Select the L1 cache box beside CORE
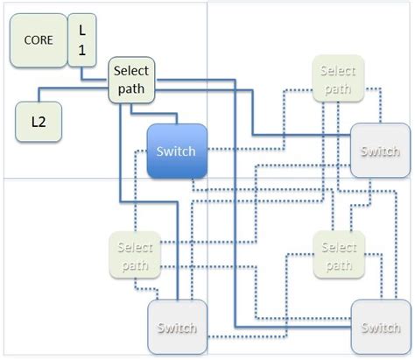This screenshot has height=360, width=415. pos(82,39)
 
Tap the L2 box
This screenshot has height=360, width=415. pos(38,123)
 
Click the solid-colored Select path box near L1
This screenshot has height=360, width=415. pos(132,80)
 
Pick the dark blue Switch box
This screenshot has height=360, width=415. pos(177,151)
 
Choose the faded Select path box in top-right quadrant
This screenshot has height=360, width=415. pos(337,80)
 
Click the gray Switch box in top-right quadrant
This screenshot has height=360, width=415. pos(380,151)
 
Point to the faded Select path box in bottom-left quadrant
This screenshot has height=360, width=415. pos(132,257)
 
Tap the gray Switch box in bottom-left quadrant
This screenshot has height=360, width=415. pos(177,328)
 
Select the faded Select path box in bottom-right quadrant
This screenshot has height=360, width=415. pos(337,257)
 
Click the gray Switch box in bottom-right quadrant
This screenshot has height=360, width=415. pos(380,328)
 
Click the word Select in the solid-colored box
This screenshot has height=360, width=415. pos(132,72)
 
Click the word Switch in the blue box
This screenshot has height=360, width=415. pos(177,151)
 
